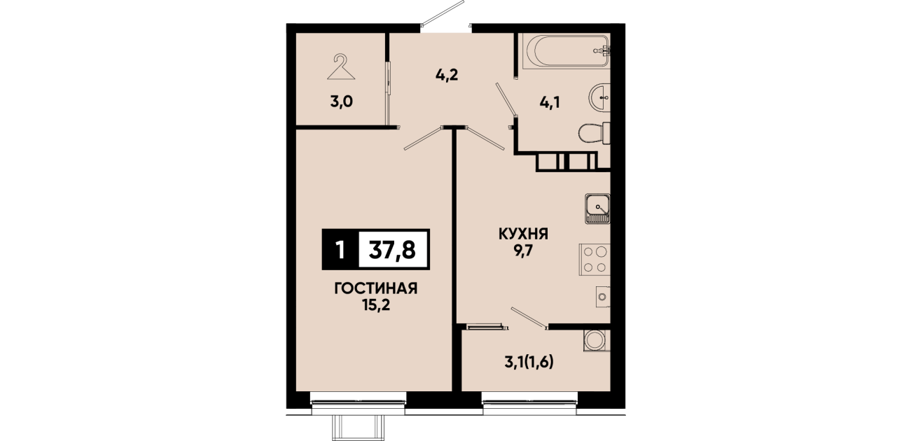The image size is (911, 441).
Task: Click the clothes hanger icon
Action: [341, 67]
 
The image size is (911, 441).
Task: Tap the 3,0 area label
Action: [341, 101]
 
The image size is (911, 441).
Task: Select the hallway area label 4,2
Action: [447, 75]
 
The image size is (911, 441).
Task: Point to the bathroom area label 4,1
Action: [550, 102]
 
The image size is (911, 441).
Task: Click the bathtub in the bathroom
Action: [566, 51]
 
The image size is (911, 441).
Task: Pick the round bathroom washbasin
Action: [599, 97]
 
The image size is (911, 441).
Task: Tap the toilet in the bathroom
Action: [594, 133]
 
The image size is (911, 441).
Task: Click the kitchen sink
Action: [597, 209]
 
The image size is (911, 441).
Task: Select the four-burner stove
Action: [594, 259]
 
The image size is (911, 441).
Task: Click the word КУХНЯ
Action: [523, 234]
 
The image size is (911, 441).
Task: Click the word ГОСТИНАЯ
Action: [376, 288]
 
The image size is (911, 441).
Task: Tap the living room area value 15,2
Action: [376, 304]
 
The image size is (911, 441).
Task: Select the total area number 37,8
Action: [392, 250]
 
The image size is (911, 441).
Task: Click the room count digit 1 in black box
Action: [340, 250]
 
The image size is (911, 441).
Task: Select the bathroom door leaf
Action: [506, 99]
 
